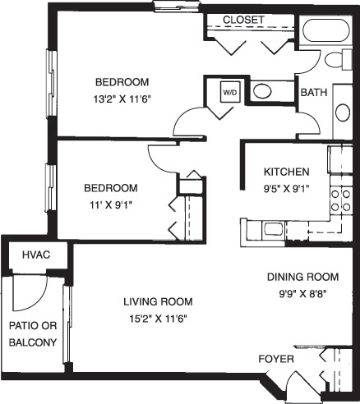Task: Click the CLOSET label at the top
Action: [x=243, y=19]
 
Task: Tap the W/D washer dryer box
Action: [x=230, y=92]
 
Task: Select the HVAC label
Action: [x=36, y=255]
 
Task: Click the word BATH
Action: [x=315, y=93]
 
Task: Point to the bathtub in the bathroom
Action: [x=328, y=32]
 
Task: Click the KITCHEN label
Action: [x=286, y=172]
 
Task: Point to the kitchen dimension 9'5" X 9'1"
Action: [x=287, y=186]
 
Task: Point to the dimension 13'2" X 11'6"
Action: [x=122, y=97]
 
